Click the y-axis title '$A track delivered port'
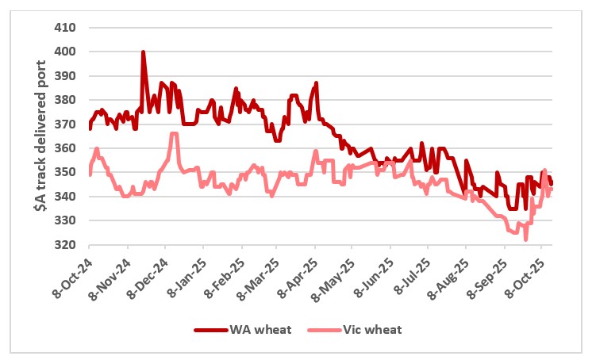[39, 136]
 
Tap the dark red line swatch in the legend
[210, 328]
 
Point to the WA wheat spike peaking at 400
[143, 52]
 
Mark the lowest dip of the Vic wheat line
[526, 239]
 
